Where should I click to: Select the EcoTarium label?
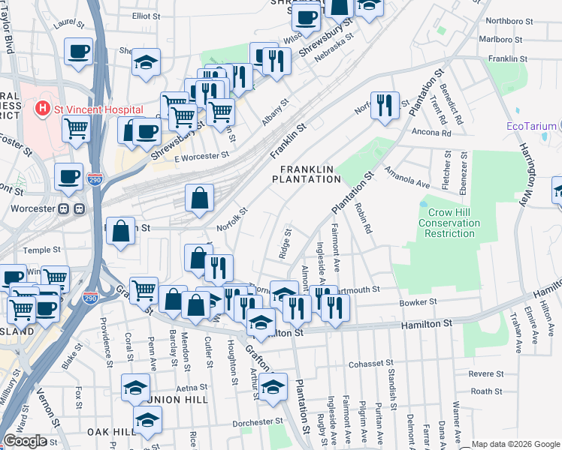point(531,126)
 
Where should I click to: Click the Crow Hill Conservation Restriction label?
point(448,223)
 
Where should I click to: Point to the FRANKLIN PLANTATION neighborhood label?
point(306,174)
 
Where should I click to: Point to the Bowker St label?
point(419,302)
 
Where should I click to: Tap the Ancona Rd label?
point(431,133)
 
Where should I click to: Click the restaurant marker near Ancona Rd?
point(385,104)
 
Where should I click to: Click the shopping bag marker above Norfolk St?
point(199,199)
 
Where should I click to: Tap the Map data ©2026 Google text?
point(515,444)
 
